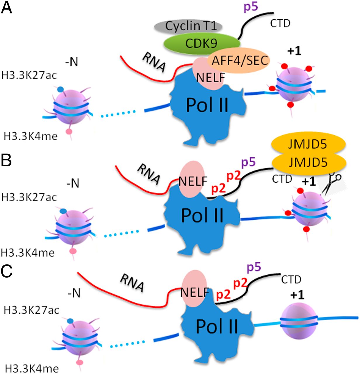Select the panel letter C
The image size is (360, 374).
[7, 272]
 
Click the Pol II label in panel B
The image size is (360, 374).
[202, 215]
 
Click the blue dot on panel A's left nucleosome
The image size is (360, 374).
[60, 89]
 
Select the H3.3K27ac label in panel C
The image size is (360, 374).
[32, 310]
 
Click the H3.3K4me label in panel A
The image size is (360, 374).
[31, 136]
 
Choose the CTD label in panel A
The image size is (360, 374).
[280, 23]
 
